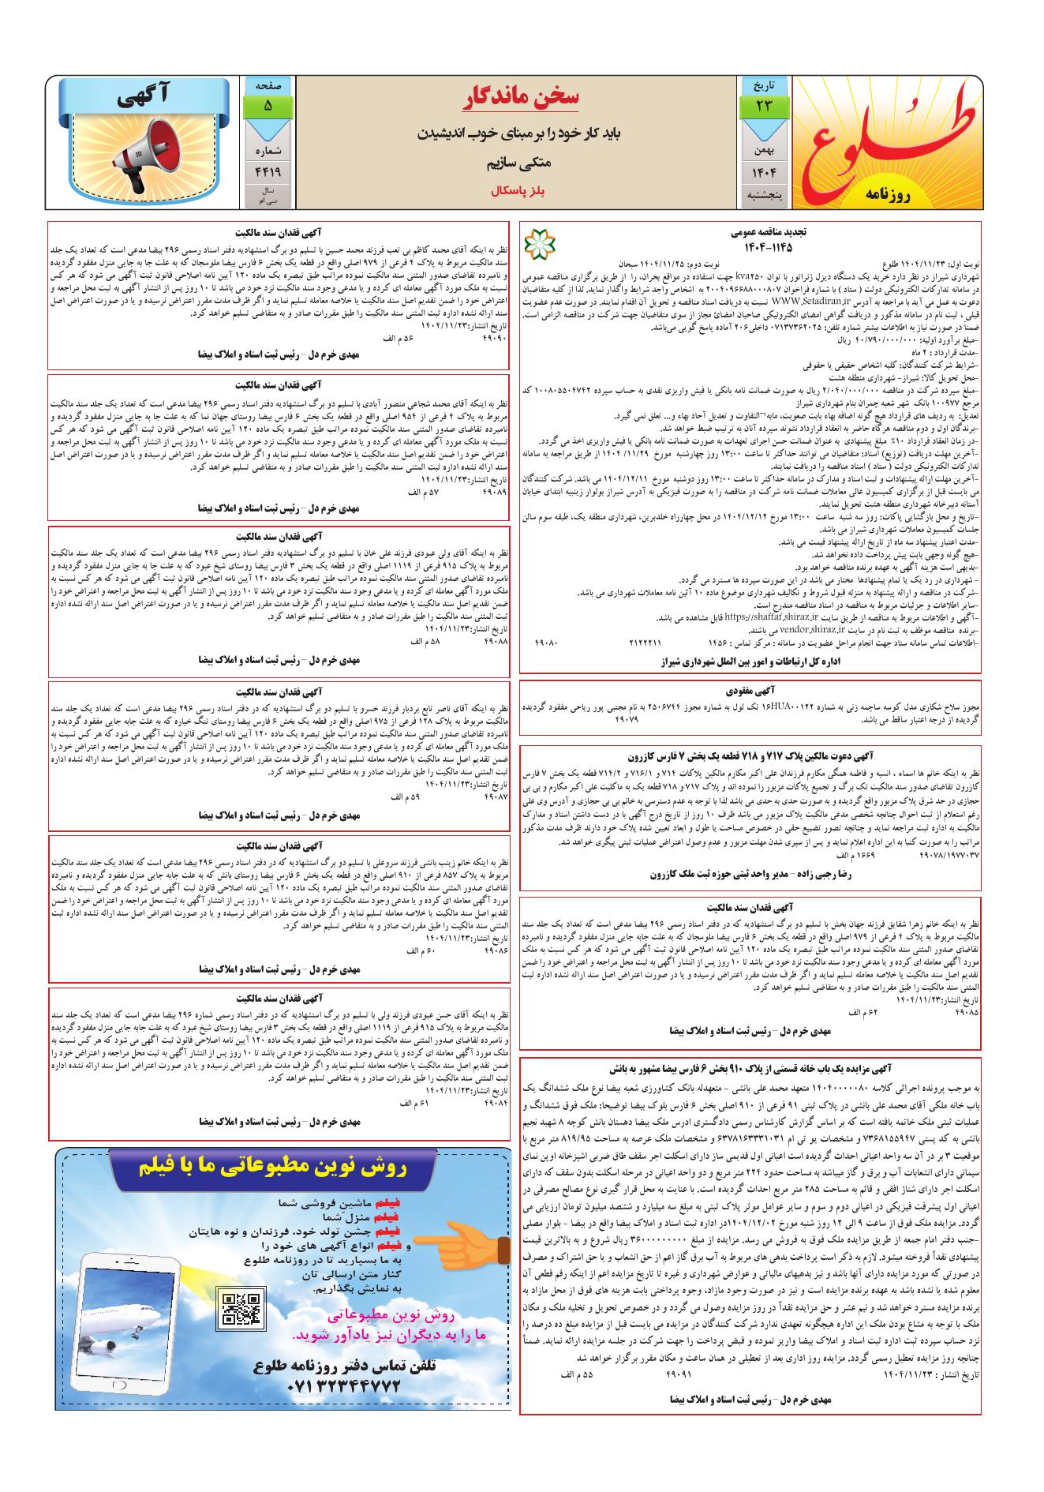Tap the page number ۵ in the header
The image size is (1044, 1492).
click(x=268, y=105)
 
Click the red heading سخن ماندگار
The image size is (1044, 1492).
click(x=521, y=98)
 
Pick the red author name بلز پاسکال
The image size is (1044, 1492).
click(x=521, y=191)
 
